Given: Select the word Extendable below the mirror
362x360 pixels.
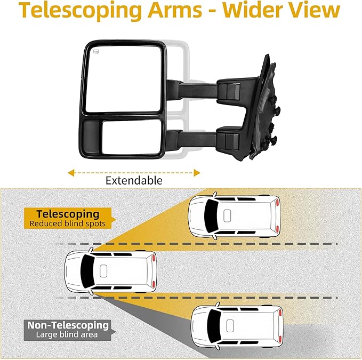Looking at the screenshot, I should pos(134,180).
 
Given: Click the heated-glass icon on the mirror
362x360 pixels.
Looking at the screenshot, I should pos(97,52).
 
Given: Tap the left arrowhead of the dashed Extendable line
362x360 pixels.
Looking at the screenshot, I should pos(70,172).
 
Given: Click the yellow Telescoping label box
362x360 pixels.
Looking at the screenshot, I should pos(64,218).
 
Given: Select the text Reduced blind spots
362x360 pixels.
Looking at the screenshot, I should pos(67,223).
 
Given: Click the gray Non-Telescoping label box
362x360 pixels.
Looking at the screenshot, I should pos(67,329).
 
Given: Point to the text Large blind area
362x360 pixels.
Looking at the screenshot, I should pos(67,334).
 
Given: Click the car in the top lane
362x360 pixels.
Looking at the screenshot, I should pos(235,215).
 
